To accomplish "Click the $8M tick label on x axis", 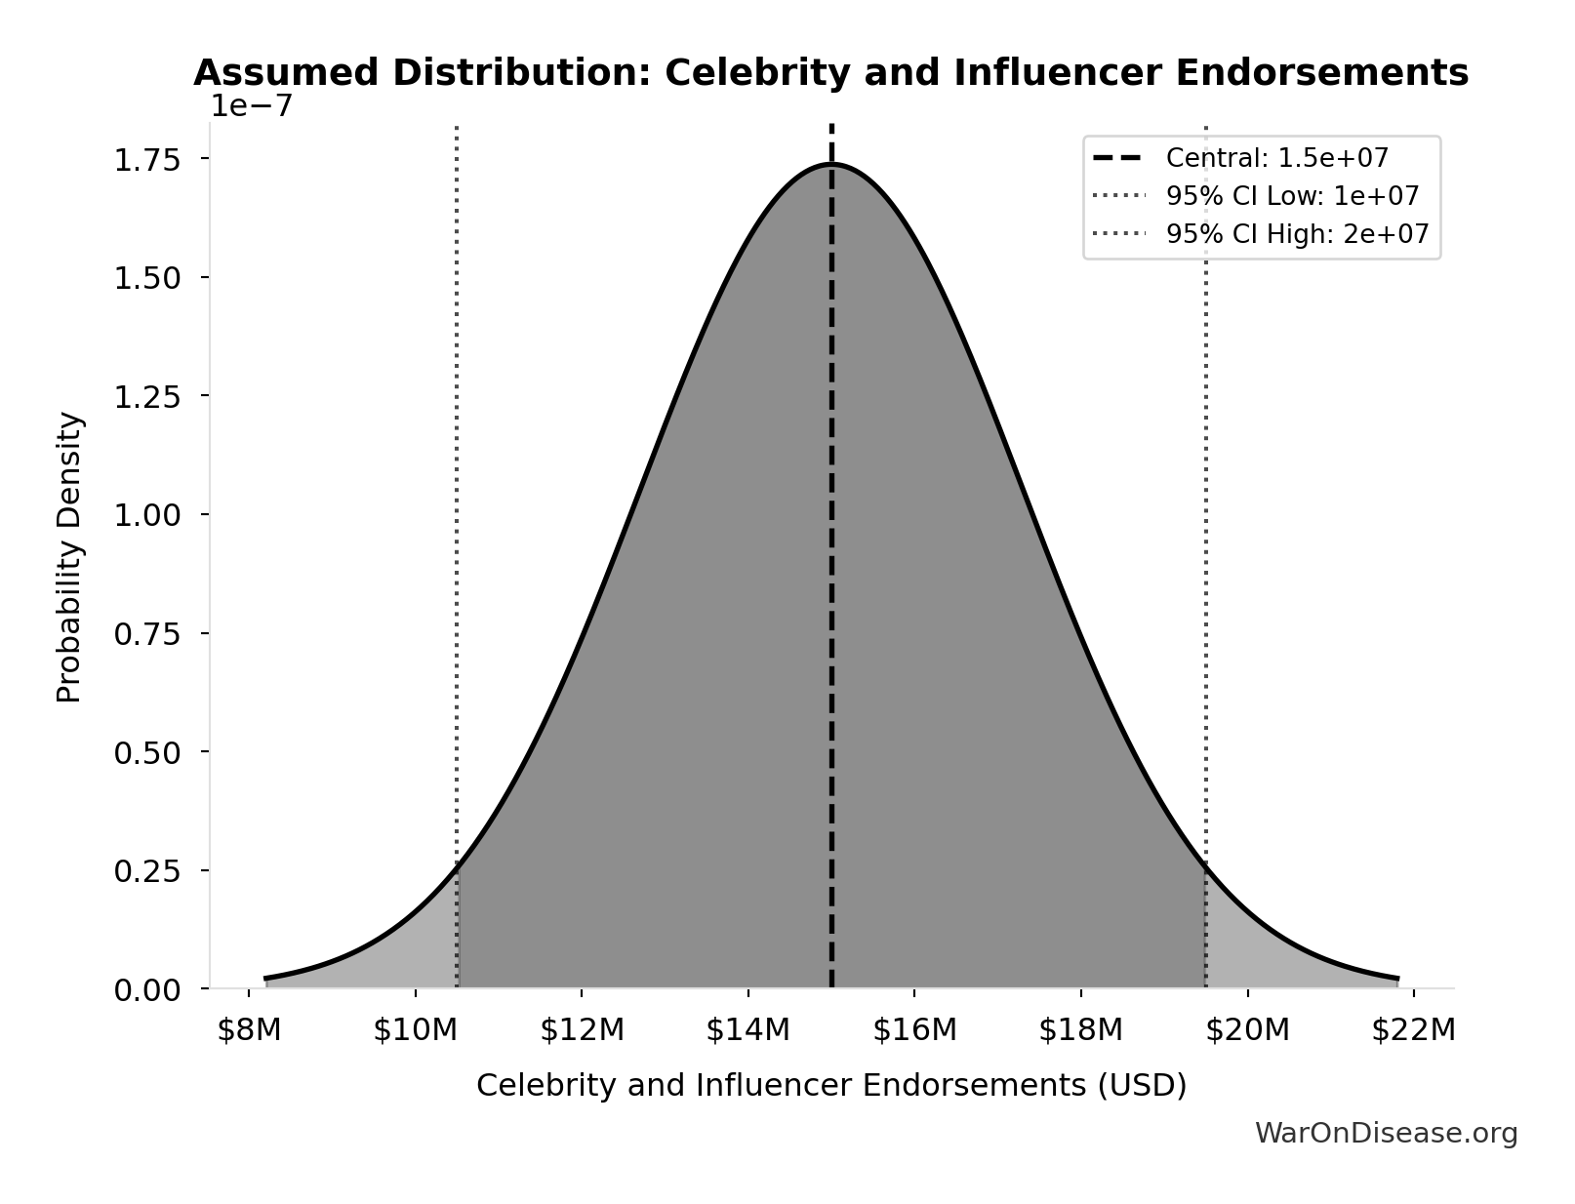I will (x=249, y=1030).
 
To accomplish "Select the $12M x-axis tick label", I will (x=582, y=1030).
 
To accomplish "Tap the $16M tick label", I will (x=914, y=1030).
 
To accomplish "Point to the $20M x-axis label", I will (x=1247, y=1030).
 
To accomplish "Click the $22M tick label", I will (x=1413, y=1030).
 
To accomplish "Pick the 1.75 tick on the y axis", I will (x=147, y=160).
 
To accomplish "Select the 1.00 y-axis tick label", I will (x=147, y=515).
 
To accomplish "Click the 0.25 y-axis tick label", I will (x=147, y=871).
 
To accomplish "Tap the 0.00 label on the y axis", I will (x=147, y=990).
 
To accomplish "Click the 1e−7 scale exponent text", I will (x=252, y=105).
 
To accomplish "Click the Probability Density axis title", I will (x=69, y=557).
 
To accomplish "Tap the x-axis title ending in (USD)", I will (x=830, y=1085).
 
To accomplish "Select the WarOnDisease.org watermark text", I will (x=1385, y=1133).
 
